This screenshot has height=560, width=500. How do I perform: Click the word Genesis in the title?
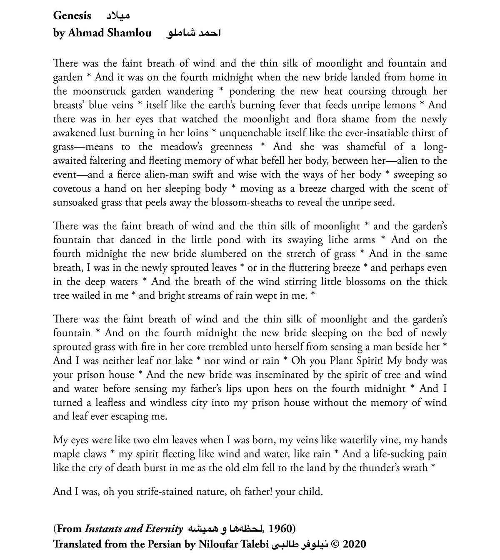(x=72, y=16)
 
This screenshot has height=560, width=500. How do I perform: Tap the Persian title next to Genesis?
(x=117, y=16)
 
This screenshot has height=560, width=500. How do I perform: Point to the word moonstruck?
(x=99, y=91)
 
